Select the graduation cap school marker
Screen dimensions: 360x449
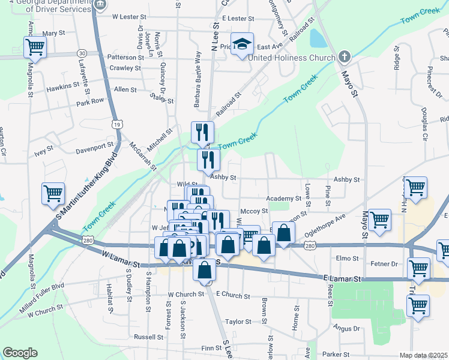tap(242, 44)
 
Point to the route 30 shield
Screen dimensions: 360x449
tap(82, 53)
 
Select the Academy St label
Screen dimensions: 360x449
tap(285, 198)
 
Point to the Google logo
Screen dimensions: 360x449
tap(20, 353)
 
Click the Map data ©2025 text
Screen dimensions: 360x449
tap(424, 355)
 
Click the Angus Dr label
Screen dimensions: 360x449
tap(347, 328)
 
